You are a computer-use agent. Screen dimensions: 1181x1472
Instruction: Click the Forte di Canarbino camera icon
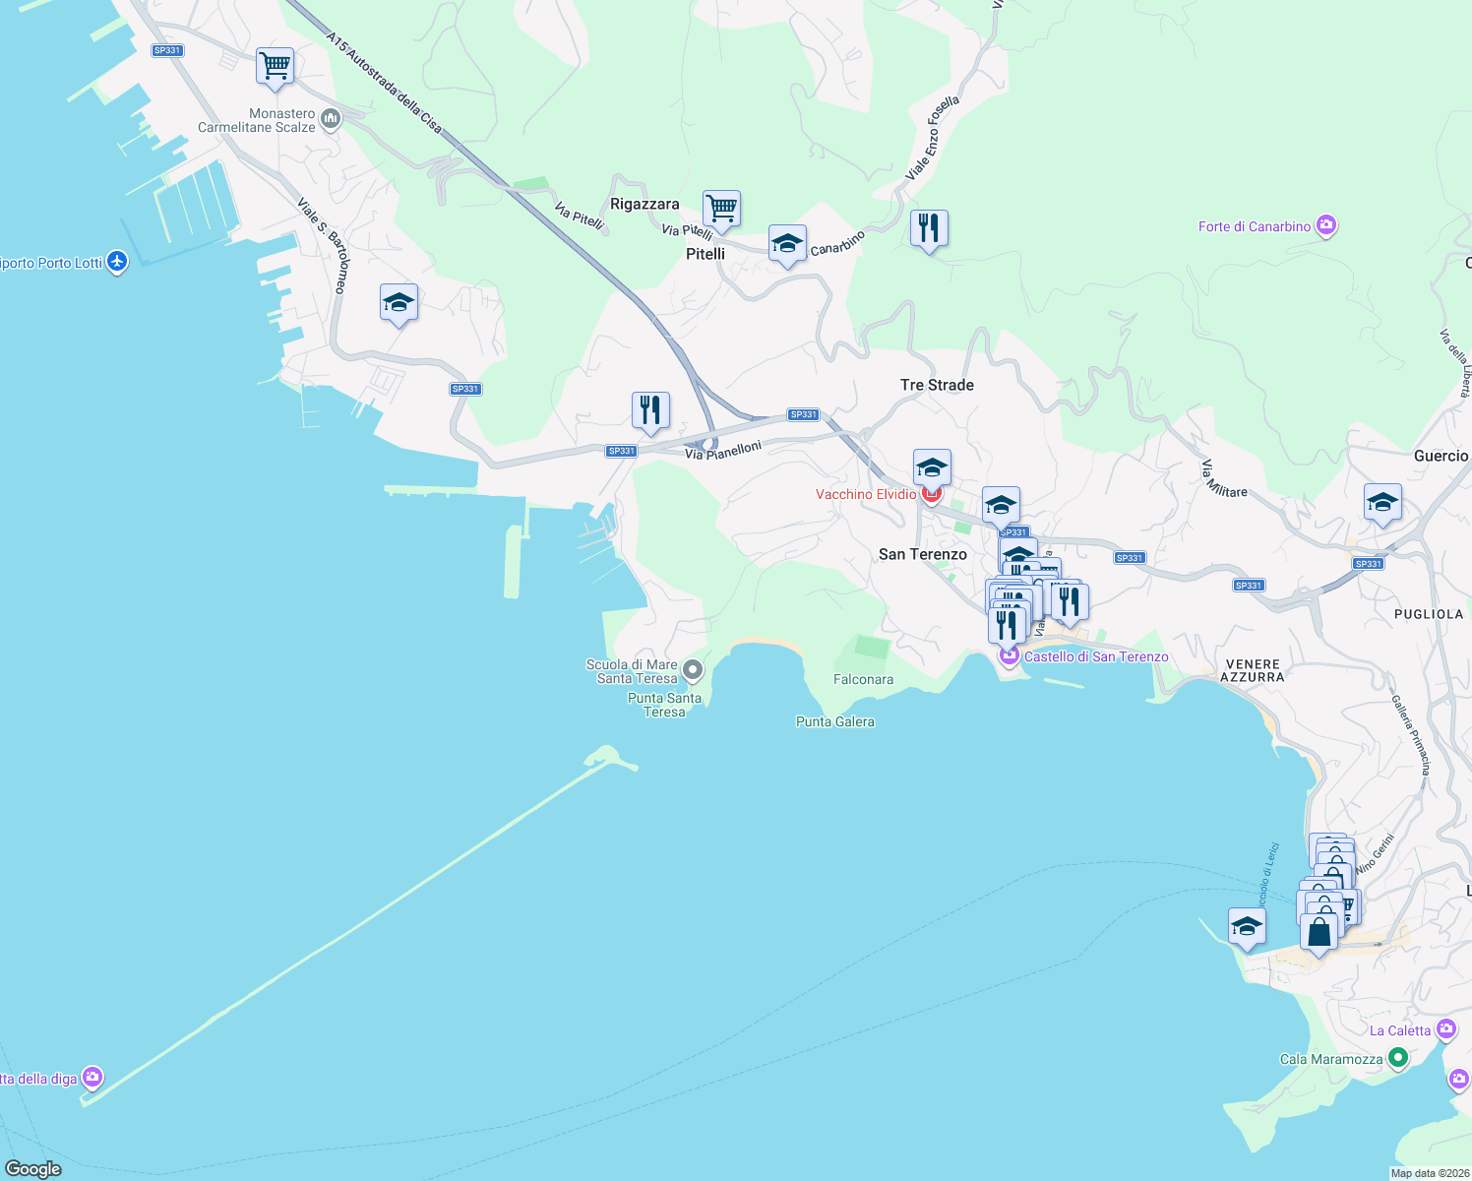click(1326, 226)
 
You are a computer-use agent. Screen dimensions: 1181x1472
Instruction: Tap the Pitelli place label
click(705, 254)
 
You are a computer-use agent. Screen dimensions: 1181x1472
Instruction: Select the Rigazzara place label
click(644, 204)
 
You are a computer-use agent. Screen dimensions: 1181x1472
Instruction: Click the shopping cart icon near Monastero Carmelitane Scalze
click(276, 67)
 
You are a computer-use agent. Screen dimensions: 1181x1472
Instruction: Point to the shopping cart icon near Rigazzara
click(721, 209)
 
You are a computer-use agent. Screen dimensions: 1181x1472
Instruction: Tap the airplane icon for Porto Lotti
click(117, 262)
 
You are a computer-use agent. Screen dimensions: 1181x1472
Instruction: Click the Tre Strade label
click(937, 385)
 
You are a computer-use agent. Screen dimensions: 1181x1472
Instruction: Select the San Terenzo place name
click(922, 554)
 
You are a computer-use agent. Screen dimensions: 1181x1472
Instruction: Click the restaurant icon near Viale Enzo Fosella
click(929, 228)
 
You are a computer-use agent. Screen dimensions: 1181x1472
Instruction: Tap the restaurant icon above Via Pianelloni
click(650, 410)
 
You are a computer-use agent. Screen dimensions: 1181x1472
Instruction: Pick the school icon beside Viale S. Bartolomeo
click(399, 302)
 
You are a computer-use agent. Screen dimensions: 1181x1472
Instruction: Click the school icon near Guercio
click(1382, 503)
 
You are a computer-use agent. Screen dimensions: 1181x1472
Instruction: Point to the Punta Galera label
click(834, 721)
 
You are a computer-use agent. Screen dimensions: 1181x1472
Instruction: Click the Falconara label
click(863, 679)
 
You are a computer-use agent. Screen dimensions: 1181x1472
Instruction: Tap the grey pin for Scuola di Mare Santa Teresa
click(693, 671)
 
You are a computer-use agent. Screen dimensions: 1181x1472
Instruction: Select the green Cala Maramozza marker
click(1397, 1059)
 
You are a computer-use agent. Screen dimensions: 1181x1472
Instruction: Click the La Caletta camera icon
click(1445, 1029)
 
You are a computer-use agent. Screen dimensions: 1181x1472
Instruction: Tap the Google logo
click(33, 1168)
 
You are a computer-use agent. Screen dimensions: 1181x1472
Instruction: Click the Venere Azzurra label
click(1252, 670)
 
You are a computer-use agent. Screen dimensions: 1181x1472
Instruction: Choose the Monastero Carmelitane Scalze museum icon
click(331, 120)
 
